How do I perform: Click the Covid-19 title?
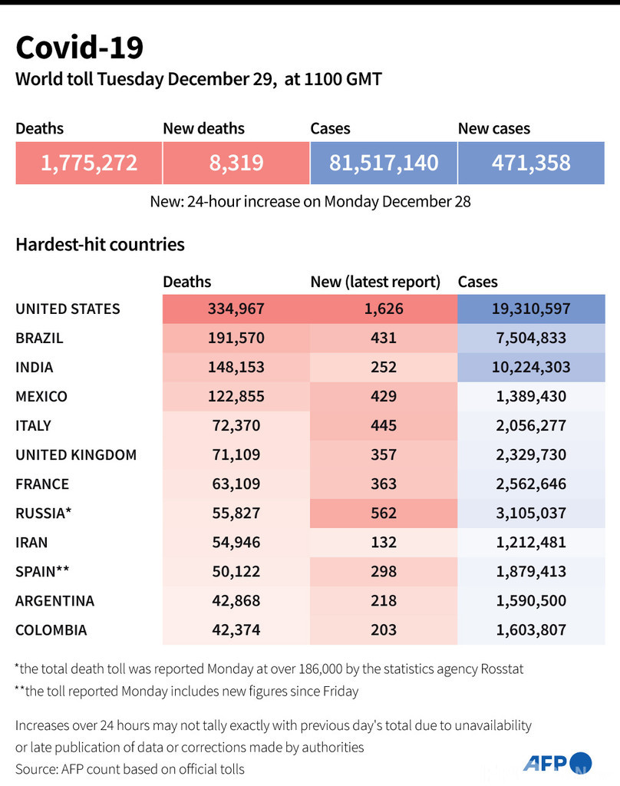coord(80,48)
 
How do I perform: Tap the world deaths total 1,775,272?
coord(89,163)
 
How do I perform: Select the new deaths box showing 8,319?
coord(236,163)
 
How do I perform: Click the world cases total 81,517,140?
coord(384,163)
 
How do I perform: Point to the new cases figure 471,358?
coord(531,163)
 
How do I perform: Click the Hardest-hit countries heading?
coord(100,245)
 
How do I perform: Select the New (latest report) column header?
coord(375,282)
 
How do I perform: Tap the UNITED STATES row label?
coord(68,309)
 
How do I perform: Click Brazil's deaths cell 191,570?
coord(236,338)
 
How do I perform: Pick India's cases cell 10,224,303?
coord(531,367)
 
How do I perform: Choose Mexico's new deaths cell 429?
coord(383,396)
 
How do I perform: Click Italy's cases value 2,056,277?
coord(531,425)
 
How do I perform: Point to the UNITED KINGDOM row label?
coord(76,454)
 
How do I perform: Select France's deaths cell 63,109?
coord(236,484)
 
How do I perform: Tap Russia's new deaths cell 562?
coord(383,513)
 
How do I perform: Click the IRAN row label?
coord(32,542)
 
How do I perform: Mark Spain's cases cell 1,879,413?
coord(531,571)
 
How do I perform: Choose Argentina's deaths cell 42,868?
coord(236,600)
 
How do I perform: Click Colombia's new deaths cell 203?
coord(383,629)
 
